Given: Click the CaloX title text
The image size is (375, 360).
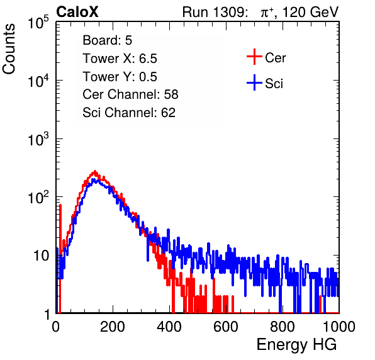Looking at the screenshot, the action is (77, 12).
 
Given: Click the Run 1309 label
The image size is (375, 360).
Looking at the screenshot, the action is (215, 12).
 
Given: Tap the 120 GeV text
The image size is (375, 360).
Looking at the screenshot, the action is (311, 12).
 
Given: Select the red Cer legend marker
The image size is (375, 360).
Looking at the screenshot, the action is (254, 57).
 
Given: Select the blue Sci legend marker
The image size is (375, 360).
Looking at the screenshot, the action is (254, 82).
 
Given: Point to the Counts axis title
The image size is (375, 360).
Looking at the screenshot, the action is (9, 49).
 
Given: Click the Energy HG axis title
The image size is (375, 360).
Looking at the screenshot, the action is (296, 345).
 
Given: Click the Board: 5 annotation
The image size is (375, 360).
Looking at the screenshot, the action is (108, 40).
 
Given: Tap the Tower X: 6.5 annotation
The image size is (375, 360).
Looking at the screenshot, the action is (120, 59).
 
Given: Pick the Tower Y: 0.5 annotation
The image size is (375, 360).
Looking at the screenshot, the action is (120, 77).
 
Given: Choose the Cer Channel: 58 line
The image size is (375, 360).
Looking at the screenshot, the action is (130, 94).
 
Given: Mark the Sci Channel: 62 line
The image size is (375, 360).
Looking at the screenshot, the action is (129, 113).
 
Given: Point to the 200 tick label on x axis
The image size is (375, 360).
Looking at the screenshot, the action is (113, 327).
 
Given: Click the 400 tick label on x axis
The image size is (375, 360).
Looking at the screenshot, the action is (169, 327).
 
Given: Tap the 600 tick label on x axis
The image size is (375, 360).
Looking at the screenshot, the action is (226, 327).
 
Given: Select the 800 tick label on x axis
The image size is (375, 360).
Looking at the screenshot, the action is (283, 327).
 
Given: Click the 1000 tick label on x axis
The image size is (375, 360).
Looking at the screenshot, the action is (339, 327).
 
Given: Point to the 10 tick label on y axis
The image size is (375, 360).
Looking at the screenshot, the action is (41, 256).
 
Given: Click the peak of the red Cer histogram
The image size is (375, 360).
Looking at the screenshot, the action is (95, 171).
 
